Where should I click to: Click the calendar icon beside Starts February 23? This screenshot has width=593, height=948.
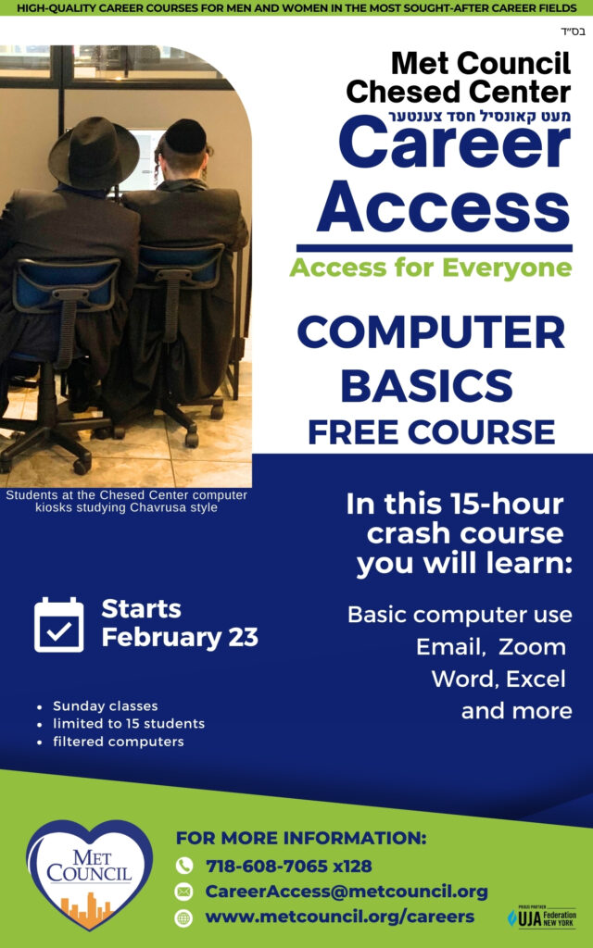coord(58,625)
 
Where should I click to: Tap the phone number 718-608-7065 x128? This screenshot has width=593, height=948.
coord(289,866)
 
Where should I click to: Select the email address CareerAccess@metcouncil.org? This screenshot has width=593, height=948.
coord(347,892)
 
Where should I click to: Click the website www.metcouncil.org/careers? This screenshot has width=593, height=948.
coord(339,917)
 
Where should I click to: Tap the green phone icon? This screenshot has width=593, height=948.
coord(184,866)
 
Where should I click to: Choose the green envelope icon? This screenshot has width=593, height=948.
coord(184,892)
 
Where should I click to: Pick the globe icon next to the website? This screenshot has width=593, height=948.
coord(184,917)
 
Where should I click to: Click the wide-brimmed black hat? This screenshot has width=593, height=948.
coord(94,154)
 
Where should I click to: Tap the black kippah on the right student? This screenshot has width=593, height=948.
coord(185,137)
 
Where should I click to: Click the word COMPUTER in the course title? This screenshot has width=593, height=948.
coord(431,332)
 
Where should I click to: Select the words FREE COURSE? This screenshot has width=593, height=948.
coord(432,432)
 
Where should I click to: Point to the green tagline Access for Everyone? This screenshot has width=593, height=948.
coord(431,268)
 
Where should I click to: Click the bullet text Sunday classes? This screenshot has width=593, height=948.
coord(106,705)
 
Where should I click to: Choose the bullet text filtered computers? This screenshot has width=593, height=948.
coord(119,742)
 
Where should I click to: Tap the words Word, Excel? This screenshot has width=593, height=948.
coord(498,679)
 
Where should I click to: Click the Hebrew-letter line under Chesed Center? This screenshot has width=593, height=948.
coord(479,116)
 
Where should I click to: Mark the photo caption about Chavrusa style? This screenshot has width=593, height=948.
coord(126,501)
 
